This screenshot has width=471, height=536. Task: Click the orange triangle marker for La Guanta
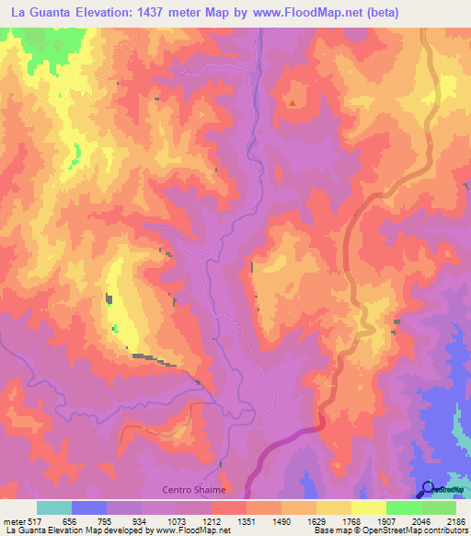pos(293,102)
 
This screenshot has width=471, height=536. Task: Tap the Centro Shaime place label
pos(194,490)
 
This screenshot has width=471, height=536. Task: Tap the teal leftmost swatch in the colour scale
pos(54,507)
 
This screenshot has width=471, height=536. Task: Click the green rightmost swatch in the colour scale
pos(439,507)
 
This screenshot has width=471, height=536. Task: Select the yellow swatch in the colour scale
pos(369,507)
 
